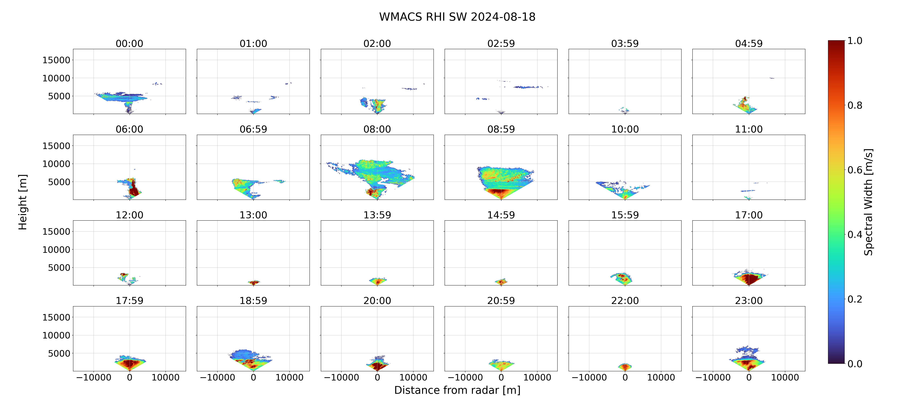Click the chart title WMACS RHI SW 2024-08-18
tap(457, 17)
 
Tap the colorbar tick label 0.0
tap(855, 364)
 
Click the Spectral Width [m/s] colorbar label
tap(868, 202)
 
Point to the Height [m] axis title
tap(22, 202)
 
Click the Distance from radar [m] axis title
tap(457, 390)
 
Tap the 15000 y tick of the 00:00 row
tap(56, 60)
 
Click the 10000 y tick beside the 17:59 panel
tap(56, 335)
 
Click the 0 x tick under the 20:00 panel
tap(377, 377)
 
